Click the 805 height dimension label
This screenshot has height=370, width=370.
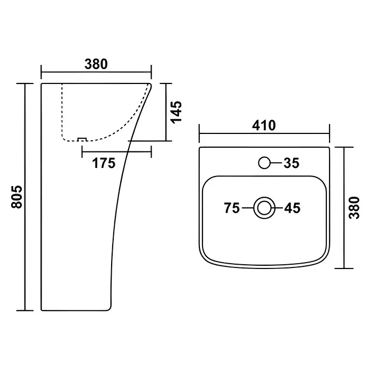[17, 197]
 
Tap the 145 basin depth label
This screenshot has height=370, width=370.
[176, 112]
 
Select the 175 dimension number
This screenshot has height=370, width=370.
[104, 163]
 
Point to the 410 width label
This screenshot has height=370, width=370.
[264, 125]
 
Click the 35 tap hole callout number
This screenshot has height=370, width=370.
[291, 163]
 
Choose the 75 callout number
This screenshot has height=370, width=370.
[232, 208]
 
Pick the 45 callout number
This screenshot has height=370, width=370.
[292, 208]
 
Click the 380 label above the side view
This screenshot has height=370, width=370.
[96, 64]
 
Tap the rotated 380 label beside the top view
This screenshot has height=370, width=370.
[354, 208]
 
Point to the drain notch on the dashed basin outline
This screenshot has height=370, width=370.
[82, 139]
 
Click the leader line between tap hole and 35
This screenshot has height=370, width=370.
[276, 163]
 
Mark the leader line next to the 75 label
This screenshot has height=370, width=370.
[248, 208]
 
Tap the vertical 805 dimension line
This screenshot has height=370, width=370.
[25, 197]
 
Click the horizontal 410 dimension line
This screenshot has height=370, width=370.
[264, 133]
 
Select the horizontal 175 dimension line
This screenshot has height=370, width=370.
[116, 152]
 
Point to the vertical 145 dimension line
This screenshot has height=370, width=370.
[166, 112]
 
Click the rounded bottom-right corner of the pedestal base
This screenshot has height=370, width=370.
[108, 308]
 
